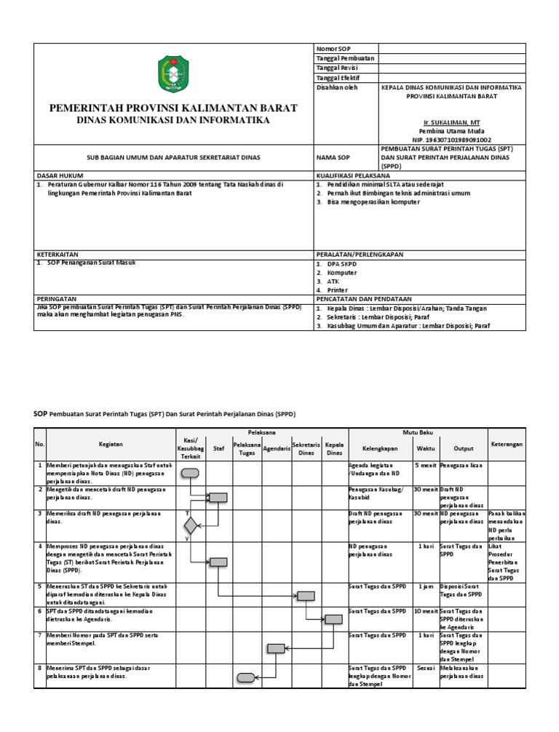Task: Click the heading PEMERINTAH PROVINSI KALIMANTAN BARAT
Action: [173, 108]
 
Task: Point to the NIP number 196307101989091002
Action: [451, 139]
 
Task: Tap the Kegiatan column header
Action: [111, 443]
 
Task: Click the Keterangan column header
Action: [507, 443]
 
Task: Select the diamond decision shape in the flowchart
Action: [191, 524]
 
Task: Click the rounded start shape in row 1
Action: [190, 473]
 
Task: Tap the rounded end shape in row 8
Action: [246, 677]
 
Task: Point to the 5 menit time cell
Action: [425, 465]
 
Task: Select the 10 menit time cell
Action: [425, 610]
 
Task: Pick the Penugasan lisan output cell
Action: [461, 465]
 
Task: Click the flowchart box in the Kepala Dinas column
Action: [333, 619]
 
